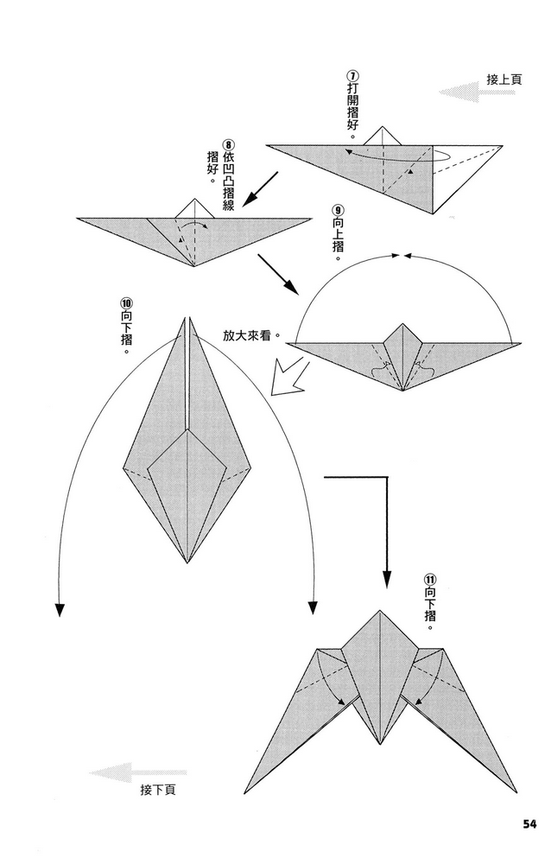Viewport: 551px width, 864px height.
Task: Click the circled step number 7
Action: pyautogui.click(x=353, y=75)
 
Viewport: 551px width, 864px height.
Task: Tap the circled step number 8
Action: pyautogui.click(x=228, y=146)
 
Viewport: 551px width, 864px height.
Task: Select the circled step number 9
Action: pyautogui.click(x=338, y=210)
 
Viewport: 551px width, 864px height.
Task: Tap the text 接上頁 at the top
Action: pyautogui.click(x=504, y=79)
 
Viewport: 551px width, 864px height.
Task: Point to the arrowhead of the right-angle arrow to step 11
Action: pyautogui.click(x=386, y=580)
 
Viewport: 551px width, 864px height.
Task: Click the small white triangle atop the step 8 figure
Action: pyautogui.click(x=195, y=208)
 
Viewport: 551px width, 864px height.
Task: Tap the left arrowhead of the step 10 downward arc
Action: pyautogui.click(x=60, y=609)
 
